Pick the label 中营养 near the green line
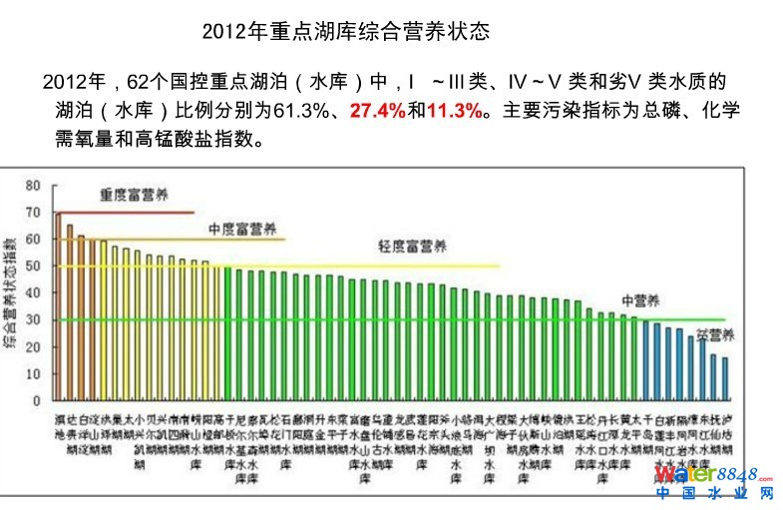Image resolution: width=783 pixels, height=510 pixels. point(638,299)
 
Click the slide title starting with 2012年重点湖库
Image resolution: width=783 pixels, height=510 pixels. point(345,32)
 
